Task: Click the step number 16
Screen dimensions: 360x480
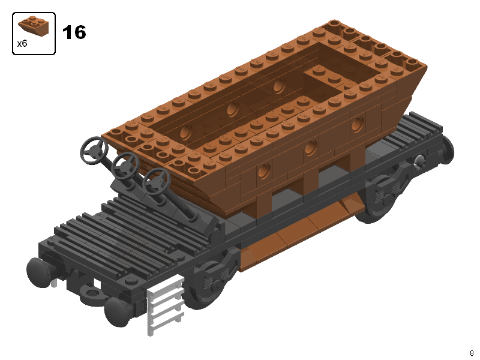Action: (74, 32)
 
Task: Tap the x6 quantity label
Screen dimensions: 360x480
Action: (22, 43)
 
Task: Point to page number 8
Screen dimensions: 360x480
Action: (472, 353)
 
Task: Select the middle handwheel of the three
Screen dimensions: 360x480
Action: (126, 163)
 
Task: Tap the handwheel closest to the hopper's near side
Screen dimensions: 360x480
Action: (157, 179)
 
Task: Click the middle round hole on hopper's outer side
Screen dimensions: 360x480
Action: (311, 148)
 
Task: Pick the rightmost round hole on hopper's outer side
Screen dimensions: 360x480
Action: (358, 124)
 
